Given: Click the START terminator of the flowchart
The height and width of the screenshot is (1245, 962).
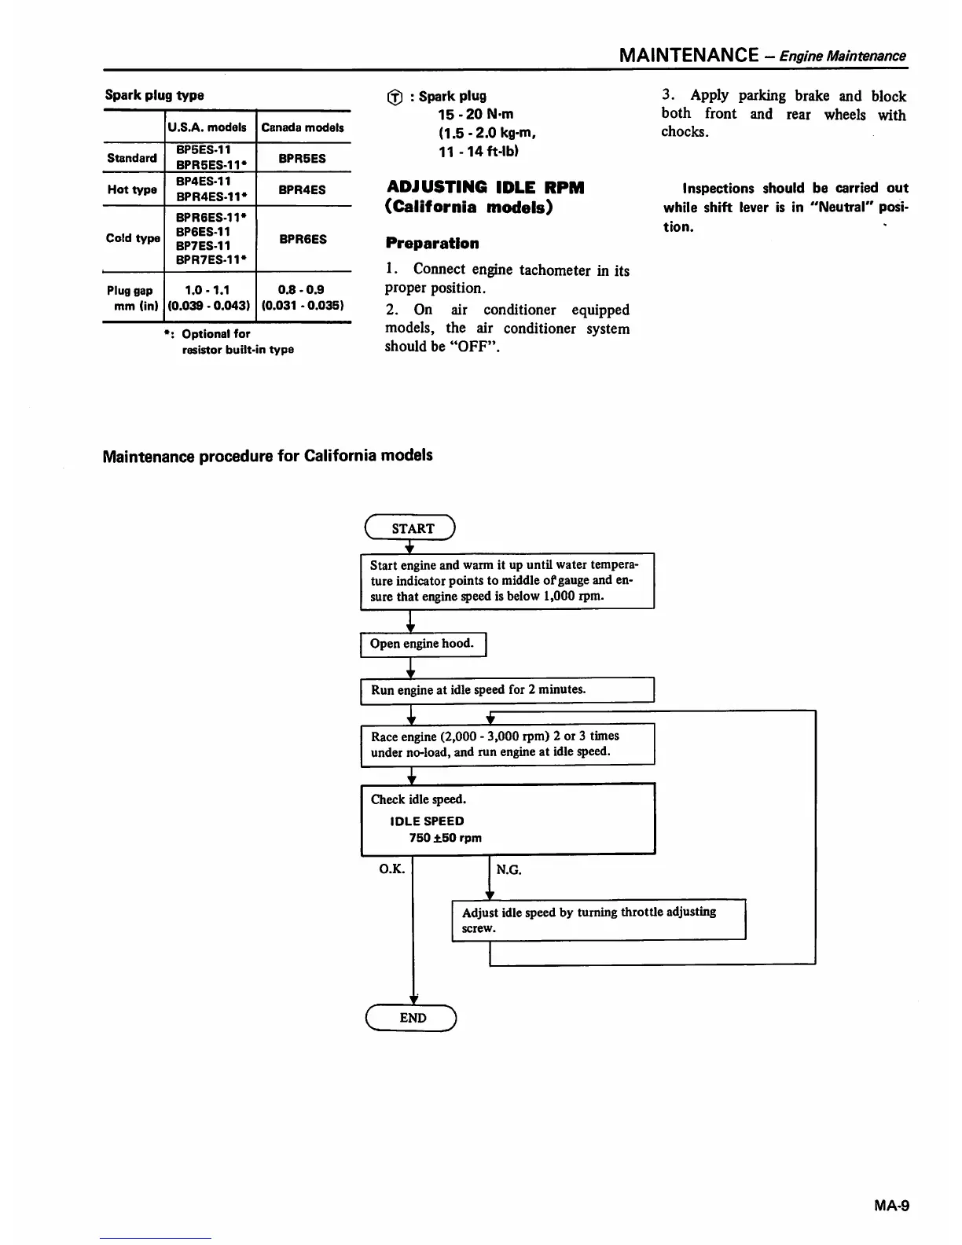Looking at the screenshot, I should pos(410,528).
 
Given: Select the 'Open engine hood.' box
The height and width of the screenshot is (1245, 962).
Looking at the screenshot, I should pos(423,644).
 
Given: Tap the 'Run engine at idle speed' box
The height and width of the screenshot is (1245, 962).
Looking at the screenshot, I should pos(507,690).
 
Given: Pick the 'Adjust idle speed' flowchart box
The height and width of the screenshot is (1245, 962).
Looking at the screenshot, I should pos(598,920).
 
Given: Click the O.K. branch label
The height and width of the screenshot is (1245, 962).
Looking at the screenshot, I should pos(391,869).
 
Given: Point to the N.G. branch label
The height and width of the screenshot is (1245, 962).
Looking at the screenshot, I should pos(509,869).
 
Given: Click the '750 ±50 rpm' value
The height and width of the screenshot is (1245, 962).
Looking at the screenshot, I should pos(445,838).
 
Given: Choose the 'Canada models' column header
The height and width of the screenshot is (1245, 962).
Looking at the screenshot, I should pos(303,127).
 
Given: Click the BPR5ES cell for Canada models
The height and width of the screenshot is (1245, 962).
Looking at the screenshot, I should pos(303,158).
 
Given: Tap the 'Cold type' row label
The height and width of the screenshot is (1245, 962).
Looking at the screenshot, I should pos(133,238).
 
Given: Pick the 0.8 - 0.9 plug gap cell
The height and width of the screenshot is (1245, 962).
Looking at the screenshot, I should pos(303,297).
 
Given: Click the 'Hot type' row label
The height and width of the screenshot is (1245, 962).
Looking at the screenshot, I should pos(132,189).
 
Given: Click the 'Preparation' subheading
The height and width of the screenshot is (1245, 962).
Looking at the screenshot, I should pos(431,244).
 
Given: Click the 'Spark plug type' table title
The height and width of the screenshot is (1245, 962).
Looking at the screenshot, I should pos(154,95).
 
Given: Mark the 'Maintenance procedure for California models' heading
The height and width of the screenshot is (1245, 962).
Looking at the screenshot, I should pos(267,456).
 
